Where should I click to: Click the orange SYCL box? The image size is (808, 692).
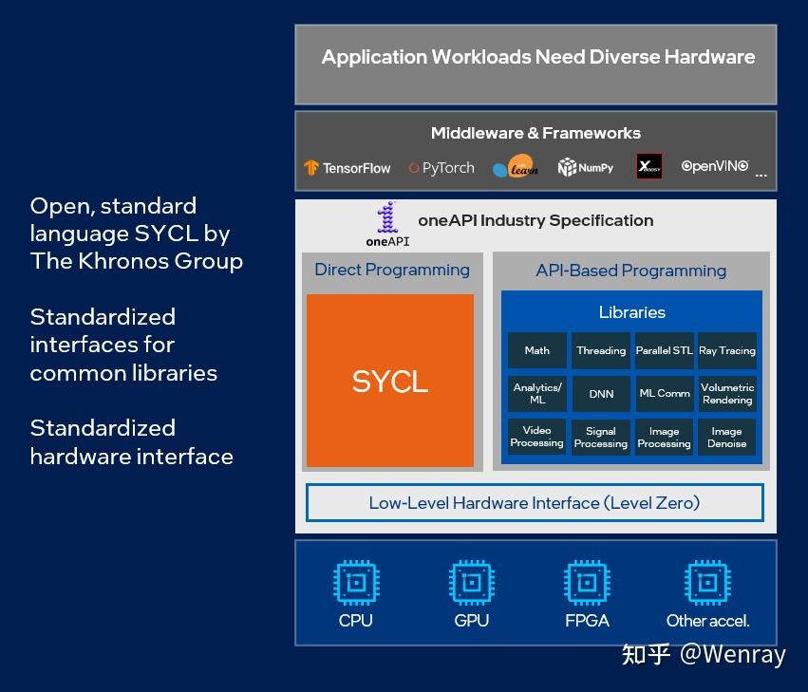pyautogui.click(x=389, y=381)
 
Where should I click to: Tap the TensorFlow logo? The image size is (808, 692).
pyautogui.click(x=347, y=168)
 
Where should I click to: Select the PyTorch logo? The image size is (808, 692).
pyautogui.click(x=442, y=168)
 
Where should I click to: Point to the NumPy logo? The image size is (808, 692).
pyautogui.click(x=585, y=168)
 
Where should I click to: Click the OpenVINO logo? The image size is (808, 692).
pyautogui.click(x=714, y=166)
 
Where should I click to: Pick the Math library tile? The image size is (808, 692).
pyautogui.click(x=537, y=350)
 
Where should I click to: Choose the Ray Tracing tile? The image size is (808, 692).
pyautogui.click(x=727, y=350)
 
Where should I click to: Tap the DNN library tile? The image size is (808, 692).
pyautogui.click(x=601, y=393)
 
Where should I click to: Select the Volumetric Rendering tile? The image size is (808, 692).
pyautogui.click(x=727, y=393)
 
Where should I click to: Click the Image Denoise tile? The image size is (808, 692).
pyautogui.click(x=727, y=437)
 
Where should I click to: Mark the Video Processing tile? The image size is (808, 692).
pyautogui.click(x=537, y=437)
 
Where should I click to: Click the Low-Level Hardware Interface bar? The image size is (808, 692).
pyautogui.click(x=535, y=503)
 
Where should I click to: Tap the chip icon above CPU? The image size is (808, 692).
pyautogui.click(x=356, y=582)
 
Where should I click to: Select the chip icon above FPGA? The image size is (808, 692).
pyautogui.click(x=587, y=582)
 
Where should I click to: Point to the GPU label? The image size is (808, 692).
pyautogui.click(x=472, y=621)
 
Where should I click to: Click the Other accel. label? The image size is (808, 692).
pyautogui.click(x=707, y=621)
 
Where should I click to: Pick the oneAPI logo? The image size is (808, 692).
pyautogui.click(x=386, y=225)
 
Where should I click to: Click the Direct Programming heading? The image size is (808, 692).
pyautogui.click(x=392, y=270)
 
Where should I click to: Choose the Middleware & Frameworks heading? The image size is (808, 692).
pyautogui.click(x=536, y=133)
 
